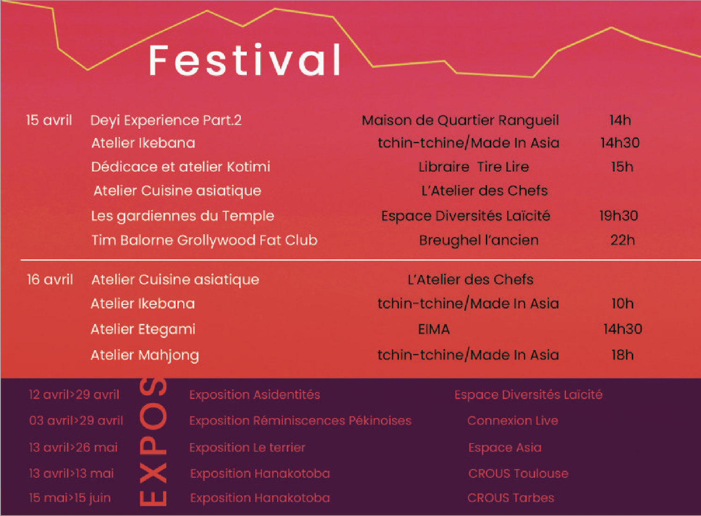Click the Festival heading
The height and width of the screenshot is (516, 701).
click(x=245, y=60)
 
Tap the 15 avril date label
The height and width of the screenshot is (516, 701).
click(x=49, y=120)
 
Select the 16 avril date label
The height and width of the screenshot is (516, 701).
click(x=50, y=279)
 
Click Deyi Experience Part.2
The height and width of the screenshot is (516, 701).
click(x=166, y=121)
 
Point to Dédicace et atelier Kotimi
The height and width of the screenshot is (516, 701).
click(x=180, y=167)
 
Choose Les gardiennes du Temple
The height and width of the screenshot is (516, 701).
click(x=183, y=216)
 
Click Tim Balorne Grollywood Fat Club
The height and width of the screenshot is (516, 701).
click(x=204, y=240)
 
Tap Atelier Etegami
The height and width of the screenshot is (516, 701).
click(x=143, y=330)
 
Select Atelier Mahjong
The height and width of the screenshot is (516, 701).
click(x=145, y=356)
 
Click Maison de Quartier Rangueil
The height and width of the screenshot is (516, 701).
click(x=460, y=121)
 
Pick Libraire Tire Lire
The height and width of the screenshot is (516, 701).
click(x=474, y=167)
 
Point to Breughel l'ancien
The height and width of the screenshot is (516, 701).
click(x=479, y=240)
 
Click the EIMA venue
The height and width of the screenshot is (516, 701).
click(x=434, y=329)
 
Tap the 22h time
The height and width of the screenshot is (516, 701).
click(x=623, y=240)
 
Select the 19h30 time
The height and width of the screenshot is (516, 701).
click(x=619, y=216)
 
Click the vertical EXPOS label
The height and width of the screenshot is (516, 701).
click(x=153, y=442)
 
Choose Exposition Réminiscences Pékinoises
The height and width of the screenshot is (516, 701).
click(x=300, y=421)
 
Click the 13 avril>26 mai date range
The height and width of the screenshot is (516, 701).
click(x=73, y=447)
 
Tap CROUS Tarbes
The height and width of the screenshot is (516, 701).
click(x=511, y=498)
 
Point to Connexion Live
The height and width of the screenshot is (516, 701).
click(x=513, y=421)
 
